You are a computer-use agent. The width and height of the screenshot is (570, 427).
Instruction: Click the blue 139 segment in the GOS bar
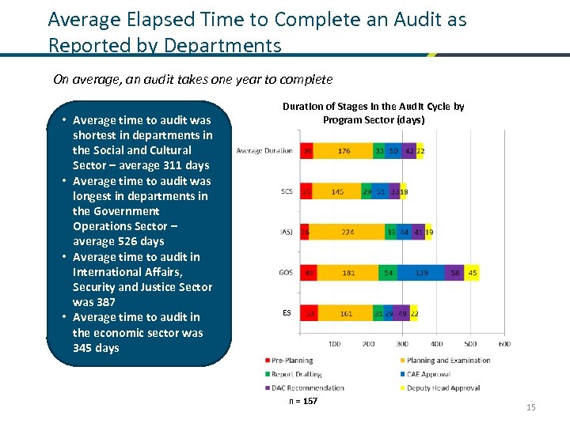422,273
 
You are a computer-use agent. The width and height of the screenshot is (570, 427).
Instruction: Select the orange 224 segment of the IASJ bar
348,232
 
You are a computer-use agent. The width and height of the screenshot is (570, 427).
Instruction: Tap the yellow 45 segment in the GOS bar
472,273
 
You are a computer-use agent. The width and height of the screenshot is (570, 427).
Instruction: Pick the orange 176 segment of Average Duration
344,151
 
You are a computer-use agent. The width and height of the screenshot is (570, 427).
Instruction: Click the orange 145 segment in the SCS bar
337,192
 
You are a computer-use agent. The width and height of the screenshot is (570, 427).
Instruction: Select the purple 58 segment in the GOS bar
454,273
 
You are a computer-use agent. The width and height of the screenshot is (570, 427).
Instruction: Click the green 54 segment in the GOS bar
388,273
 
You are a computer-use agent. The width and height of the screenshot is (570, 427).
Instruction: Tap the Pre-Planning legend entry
292,361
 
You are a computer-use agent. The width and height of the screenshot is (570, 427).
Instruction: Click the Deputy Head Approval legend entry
443,388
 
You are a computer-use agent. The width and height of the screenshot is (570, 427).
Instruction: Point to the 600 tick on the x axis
504,344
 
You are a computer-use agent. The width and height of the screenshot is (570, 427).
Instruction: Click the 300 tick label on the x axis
402,344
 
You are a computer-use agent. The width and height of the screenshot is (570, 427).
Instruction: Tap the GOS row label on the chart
286,273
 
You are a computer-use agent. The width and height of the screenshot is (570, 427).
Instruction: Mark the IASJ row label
286,232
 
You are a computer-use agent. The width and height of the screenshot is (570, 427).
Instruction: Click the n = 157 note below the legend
303,402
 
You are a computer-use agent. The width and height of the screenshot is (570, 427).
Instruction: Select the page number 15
530,407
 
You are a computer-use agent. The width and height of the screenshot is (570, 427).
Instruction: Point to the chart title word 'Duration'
304,107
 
